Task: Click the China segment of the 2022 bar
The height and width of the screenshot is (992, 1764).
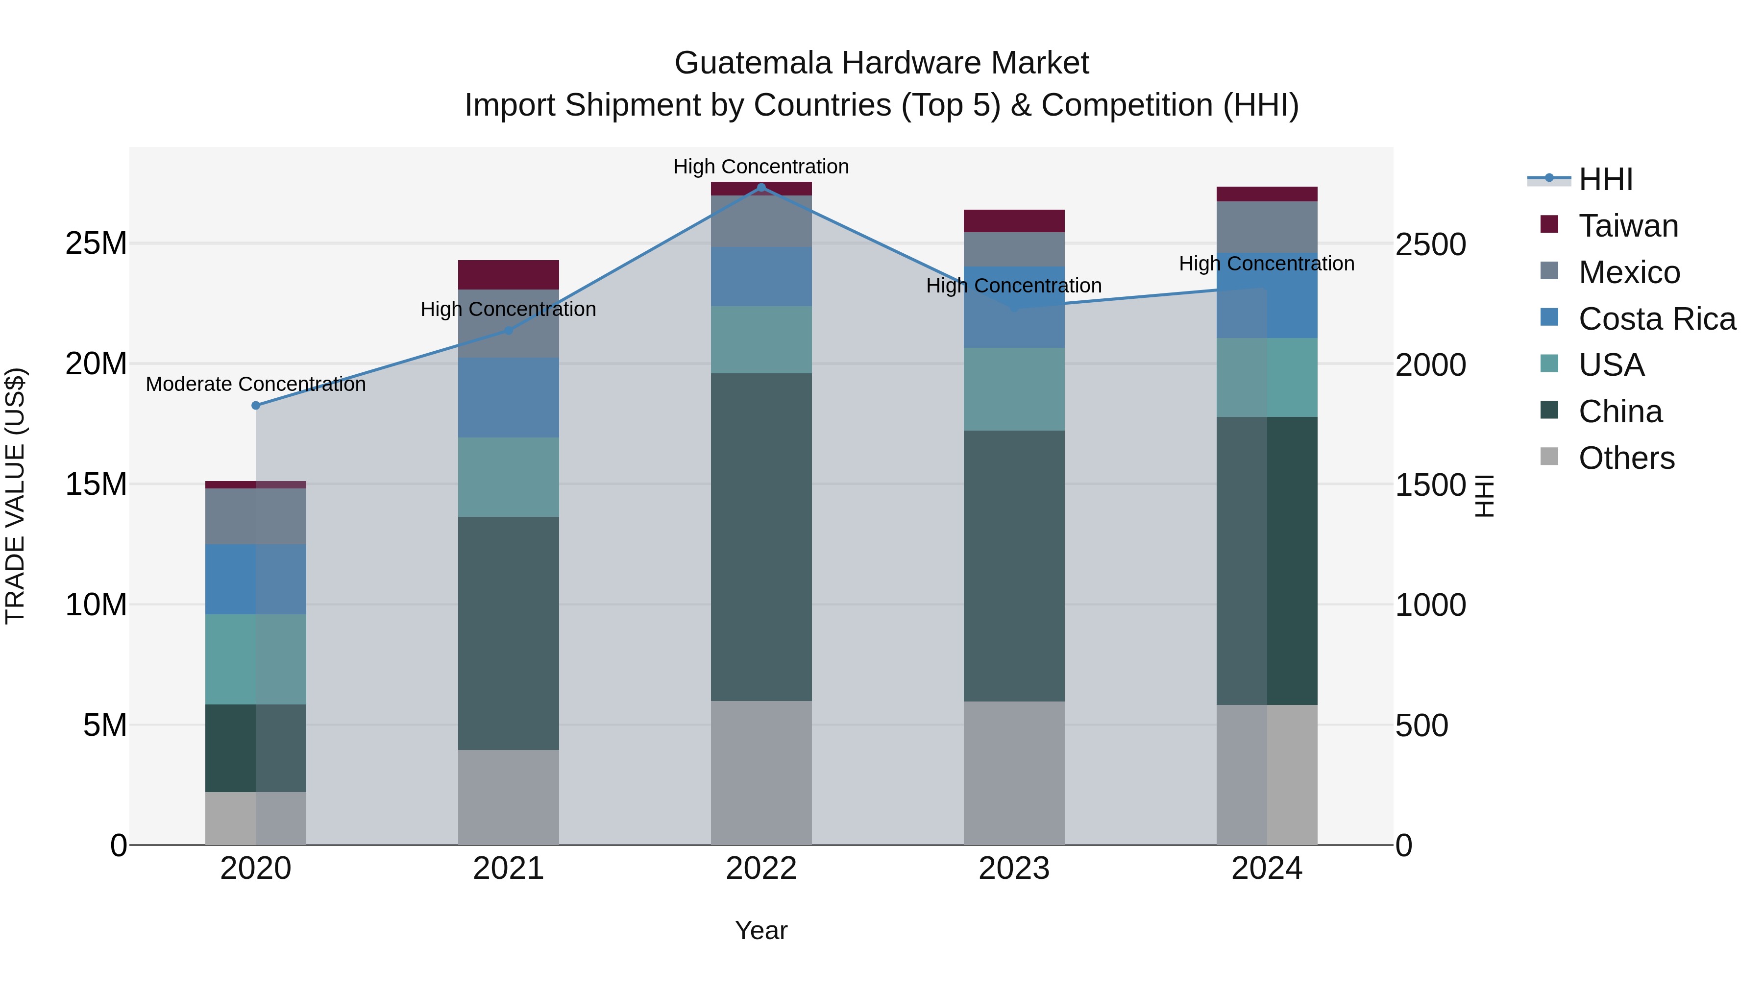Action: point(761,537)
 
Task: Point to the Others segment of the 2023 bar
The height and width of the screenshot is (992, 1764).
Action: point(1013,773)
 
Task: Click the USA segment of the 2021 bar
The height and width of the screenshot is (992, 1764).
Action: point(508,477)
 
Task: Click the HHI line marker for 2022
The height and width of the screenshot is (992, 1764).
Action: point(761,188)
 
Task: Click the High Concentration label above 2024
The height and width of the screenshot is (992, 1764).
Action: point(1266,264)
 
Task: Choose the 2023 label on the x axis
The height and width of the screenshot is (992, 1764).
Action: point(1013,869)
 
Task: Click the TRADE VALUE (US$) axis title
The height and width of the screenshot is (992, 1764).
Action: point(15,496)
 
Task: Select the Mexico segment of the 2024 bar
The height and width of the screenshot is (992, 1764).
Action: point(1266,227)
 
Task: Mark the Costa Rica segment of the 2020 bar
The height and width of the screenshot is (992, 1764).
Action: point(255,579)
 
